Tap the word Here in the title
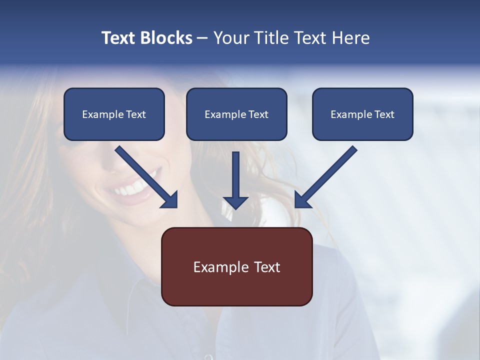tap(350, 38)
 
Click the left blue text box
tap(114, 114)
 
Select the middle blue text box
tap(236, 114)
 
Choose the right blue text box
tap(362, 114)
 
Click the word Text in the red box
tap(266, 267)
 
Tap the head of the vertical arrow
tap(235, 202)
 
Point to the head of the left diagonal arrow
tap(170, 200)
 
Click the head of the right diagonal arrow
tap(301, 200)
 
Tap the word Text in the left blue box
tap(135, 114)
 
